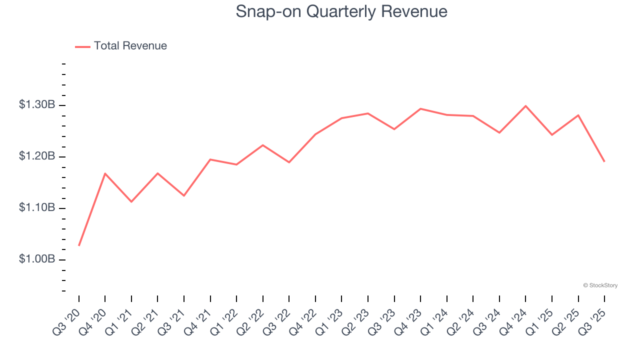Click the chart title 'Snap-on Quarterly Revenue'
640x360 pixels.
click(341, 11)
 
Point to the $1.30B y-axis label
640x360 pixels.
click(37, 105)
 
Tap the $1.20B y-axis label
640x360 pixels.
click(37, 156)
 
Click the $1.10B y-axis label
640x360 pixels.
click(37, 208)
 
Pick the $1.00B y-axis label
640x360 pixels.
click(37, 259)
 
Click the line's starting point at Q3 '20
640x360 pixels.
click(79, 245)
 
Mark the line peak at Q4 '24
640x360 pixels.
click(525, 106)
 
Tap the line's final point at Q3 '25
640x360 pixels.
click(604, 161)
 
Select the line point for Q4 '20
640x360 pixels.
click(105, 173)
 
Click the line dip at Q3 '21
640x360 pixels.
click(184, 195)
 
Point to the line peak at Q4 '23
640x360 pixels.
click(420, 108)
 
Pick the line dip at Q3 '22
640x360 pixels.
click(289, 162)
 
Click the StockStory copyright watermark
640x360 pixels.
click(600, 285)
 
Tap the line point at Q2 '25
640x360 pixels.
click(578, 115)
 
